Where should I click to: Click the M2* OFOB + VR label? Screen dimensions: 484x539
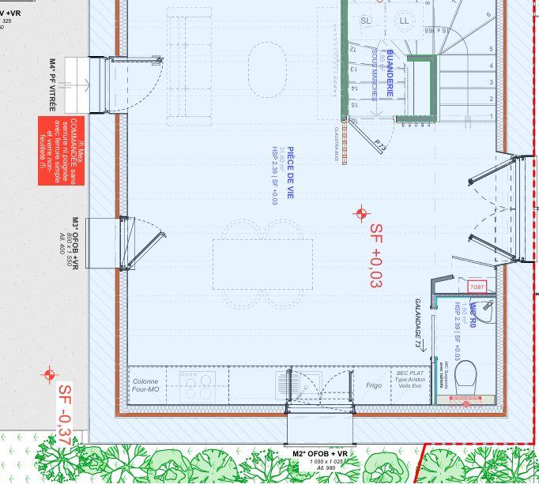(320, 454)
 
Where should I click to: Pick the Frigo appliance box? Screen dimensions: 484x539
(374, 386)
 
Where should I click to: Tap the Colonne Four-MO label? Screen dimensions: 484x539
(146, 385)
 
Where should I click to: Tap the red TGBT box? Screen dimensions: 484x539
(477, 287)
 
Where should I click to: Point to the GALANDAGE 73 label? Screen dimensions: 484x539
(418, 323)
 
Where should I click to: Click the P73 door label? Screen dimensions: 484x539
(381, 145)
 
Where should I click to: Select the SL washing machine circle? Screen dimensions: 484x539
(364, 20)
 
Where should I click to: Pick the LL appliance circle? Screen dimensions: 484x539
(405, 20)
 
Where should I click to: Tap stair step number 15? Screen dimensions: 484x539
(353, 103)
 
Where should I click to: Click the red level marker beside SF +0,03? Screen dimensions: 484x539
(362, 212)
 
